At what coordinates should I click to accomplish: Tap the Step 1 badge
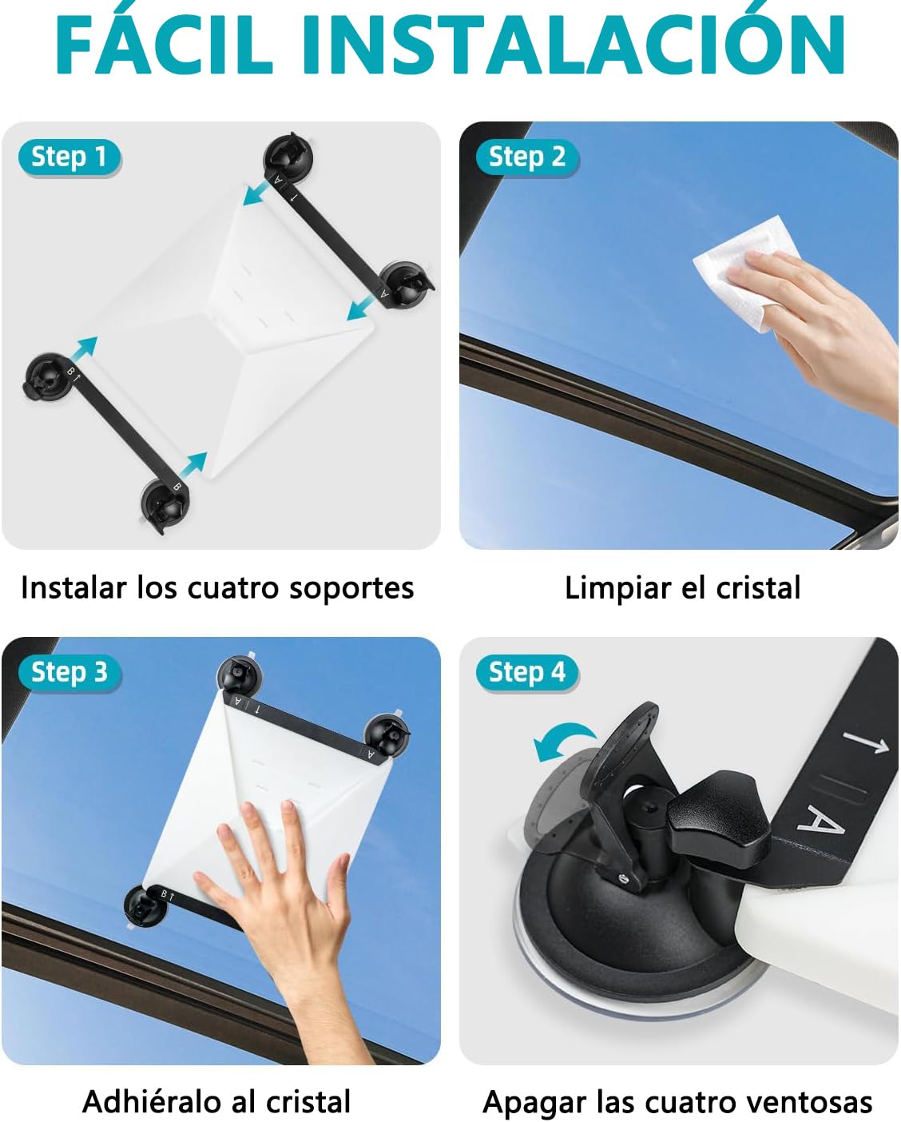[x=69, y=157]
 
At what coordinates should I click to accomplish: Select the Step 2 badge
[x=527, y=157]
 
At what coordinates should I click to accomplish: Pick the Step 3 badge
[x=69, y=672]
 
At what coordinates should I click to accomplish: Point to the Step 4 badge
[x=527, y=672]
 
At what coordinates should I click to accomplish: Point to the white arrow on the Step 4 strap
[x=866, y=742]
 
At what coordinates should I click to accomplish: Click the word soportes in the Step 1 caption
[x=351, y=589]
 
